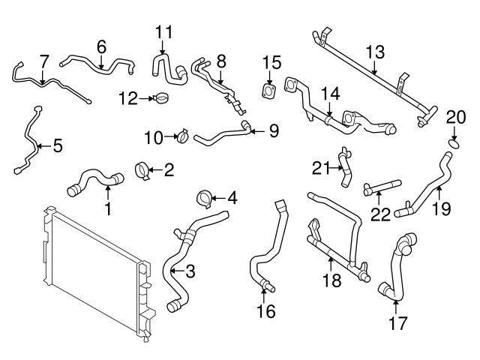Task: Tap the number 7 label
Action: point(44,59)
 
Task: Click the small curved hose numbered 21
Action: point(344,167)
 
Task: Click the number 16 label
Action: point(266,310)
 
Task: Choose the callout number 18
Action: point(331,280)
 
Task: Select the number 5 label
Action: point(56,145)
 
